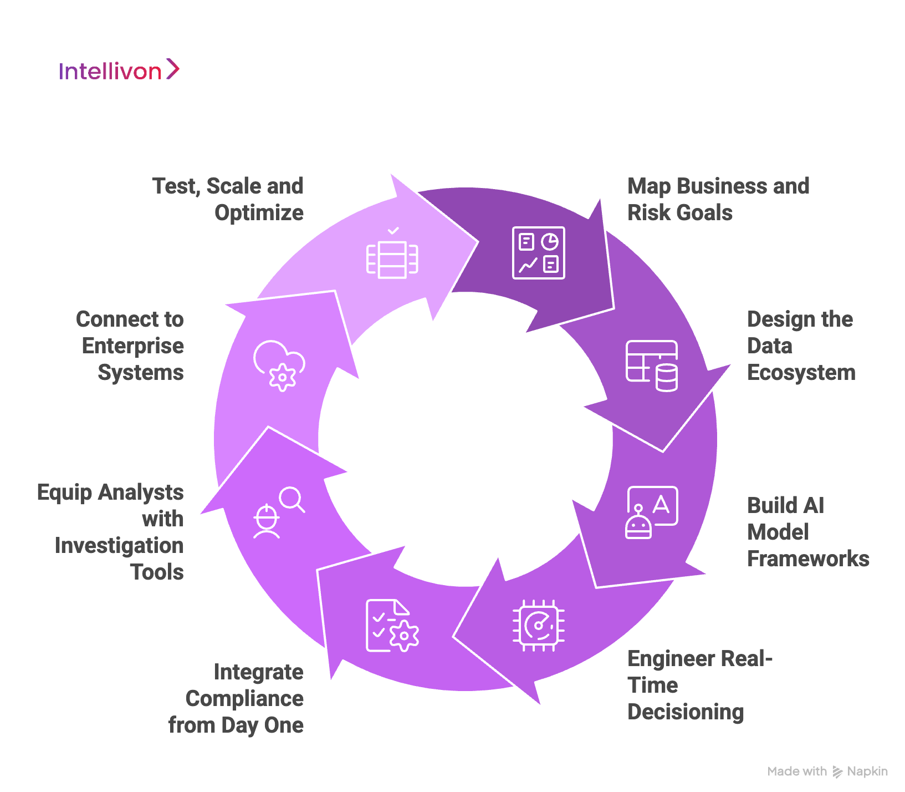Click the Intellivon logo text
(110, 72)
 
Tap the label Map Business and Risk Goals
(718, 200)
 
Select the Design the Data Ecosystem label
(801, 346)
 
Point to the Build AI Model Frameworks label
(807, 532)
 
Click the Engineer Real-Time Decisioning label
(699, 686)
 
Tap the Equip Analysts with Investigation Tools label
(111, 532)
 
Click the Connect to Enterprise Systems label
(130, 346)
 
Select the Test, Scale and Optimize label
(228, 200)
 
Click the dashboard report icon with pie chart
(538, 253)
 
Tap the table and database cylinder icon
(652, 366)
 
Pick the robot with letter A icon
(652, 512)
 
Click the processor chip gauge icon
(538, 626)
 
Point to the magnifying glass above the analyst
(292, 499)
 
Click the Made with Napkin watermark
(827, 771)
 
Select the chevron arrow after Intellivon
(173, 69)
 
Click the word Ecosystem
(801, 373)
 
